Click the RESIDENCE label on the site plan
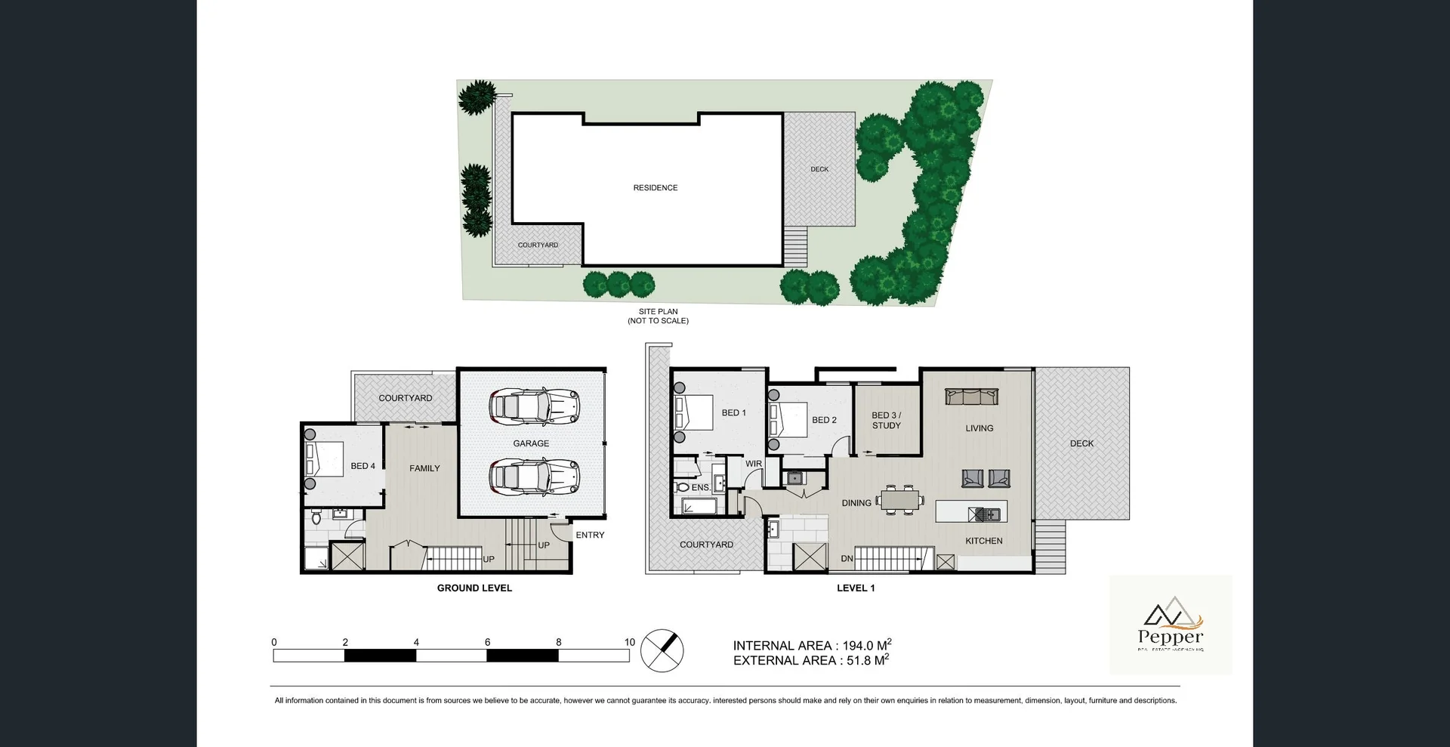pos(655,187)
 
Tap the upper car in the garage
pos(534,406)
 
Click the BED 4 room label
pos(362,466)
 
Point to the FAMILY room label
pos(424,468)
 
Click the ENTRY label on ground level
pos(590,535)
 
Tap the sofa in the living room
pos(971,397)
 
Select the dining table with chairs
pos(902,500)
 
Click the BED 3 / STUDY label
pos(887,420)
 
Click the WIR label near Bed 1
pos(754,464)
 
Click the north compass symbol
pos(662,650)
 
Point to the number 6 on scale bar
pos(487,642)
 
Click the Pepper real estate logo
pos(1171,625)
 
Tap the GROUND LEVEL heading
pos(474,588)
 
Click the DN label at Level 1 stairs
pos(847,559)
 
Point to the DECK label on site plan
pos(819,169)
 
